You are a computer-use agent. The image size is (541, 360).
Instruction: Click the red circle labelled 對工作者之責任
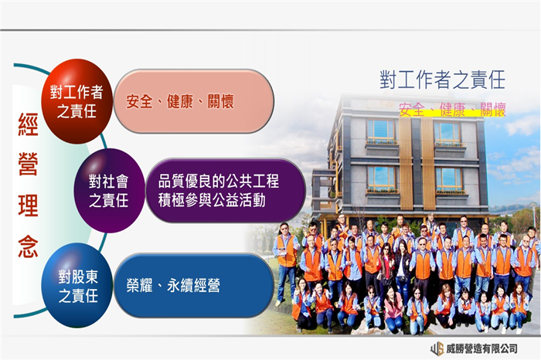pyautogui.click(x=77, y=101)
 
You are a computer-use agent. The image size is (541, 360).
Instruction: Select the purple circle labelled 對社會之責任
pyautogui.click(x=109, y=191)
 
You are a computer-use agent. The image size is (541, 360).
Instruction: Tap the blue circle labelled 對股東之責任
pyautogui.click(x=77, y=286)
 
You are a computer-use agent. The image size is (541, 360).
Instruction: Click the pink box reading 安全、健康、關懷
pyautogui.click(x=193, y=101)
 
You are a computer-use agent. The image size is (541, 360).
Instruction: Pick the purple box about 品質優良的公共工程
pyautogui.click(x=226, y=191)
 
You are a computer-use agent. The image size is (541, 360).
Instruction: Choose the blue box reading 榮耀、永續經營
pyautogui.click(x=193, y=286)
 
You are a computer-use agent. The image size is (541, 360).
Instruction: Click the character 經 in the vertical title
pyautogui.click(x=28, y=124)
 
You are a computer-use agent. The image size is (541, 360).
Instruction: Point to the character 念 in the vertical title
pyautogui.click(x=28, y=247)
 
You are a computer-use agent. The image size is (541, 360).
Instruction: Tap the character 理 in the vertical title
pyautogui.click(x=28, y=205)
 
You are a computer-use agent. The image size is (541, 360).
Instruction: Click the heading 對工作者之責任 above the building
pyautogui.click(x=443, y=80)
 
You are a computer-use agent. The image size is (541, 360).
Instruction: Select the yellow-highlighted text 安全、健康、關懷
pyautogui.click(x=452, y=110)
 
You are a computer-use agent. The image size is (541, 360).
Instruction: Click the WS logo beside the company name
pyautogui.click(x=437, y=348)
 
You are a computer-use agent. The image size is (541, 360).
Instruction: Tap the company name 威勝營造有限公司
pyautogui.click(x=481, y=348)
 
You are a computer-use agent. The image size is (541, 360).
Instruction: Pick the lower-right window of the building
pyautogui.click(x=448, y=178)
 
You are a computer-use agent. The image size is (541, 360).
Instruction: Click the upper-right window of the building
pyautogui.click(x=447, y=132)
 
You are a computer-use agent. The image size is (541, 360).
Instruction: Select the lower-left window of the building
pyautogui.click(x=381, y=177)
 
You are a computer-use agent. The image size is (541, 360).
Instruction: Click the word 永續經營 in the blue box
pyautogui.click(x=193, y=286)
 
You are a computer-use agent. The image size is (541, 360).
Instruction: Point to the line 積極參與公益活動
pyautogui.click(x=212, y=200)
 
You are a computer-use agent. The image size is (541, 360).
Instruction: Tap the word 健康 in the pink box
pyautogui.click(x=180, y=101)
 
